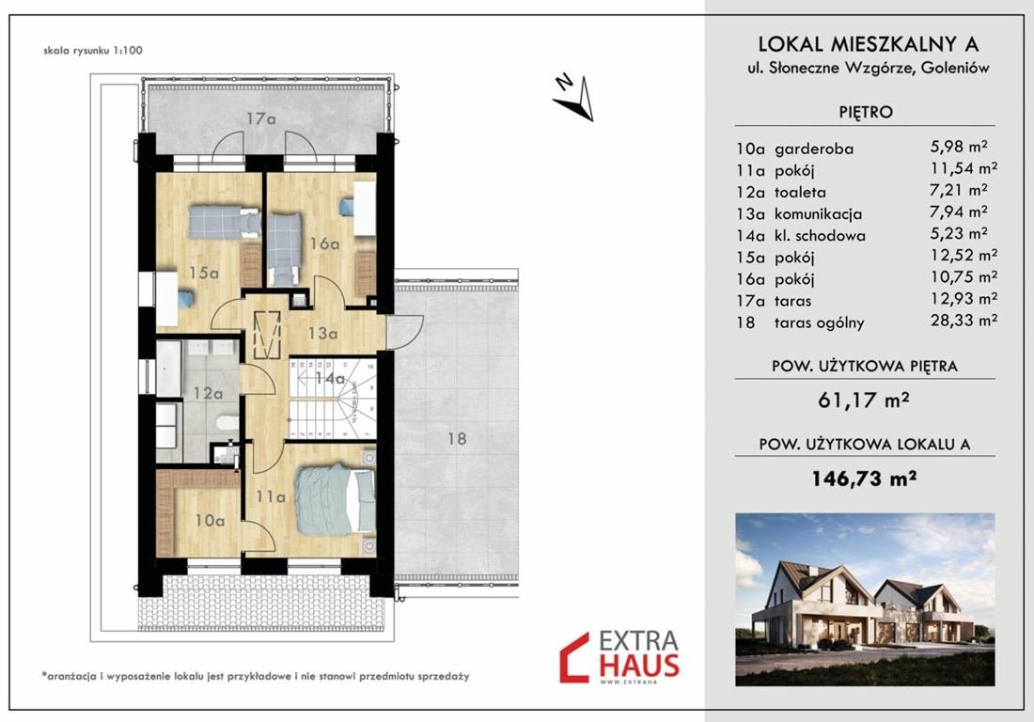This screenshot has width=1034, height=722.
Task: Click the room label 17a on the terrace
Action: [261, 118]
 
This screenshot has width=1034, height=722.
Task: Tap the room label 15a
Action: [204, 273]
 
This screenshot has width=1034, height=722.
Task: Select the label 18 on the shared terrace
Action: [457, 438]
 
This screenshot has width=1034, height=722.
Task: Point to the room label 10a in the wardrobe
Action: [210, 520]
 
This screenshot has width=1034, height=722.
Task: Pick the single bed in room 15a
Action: [225, 222]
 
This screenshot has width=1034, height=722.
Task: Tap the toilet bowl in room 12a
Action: [227, 423]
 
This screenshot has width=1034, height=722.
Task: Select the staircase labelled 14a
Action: [333, 399]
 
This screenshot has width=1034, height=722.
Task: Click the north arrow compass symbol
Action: [575, 99]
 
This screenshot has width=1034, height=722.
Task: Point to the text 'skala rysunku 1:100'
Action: [93, 50]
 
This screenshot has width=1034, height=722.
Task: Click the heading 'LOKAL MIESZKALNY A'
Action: [868, 44]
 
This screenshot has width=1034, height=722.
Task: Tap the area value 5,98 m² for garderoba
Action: [959, 147]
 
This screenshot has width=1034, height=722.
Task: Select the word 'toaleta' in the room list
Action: [800, 193]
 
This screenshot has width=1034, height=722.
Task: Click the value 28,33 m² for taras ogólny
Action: [963, 321]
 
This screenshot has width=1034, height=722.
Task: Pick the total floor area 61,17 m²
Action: [864, 400]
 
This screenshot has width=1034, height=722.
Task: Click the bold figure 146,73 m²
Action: [864, 478]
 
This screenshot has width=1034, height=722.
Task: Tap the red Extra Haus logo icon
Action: [573, 657]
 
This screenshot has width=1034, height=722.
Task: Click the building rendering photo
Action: [865, 600]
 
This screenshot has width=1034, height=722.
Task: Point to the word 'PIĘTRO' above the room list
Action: [866, 112]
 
